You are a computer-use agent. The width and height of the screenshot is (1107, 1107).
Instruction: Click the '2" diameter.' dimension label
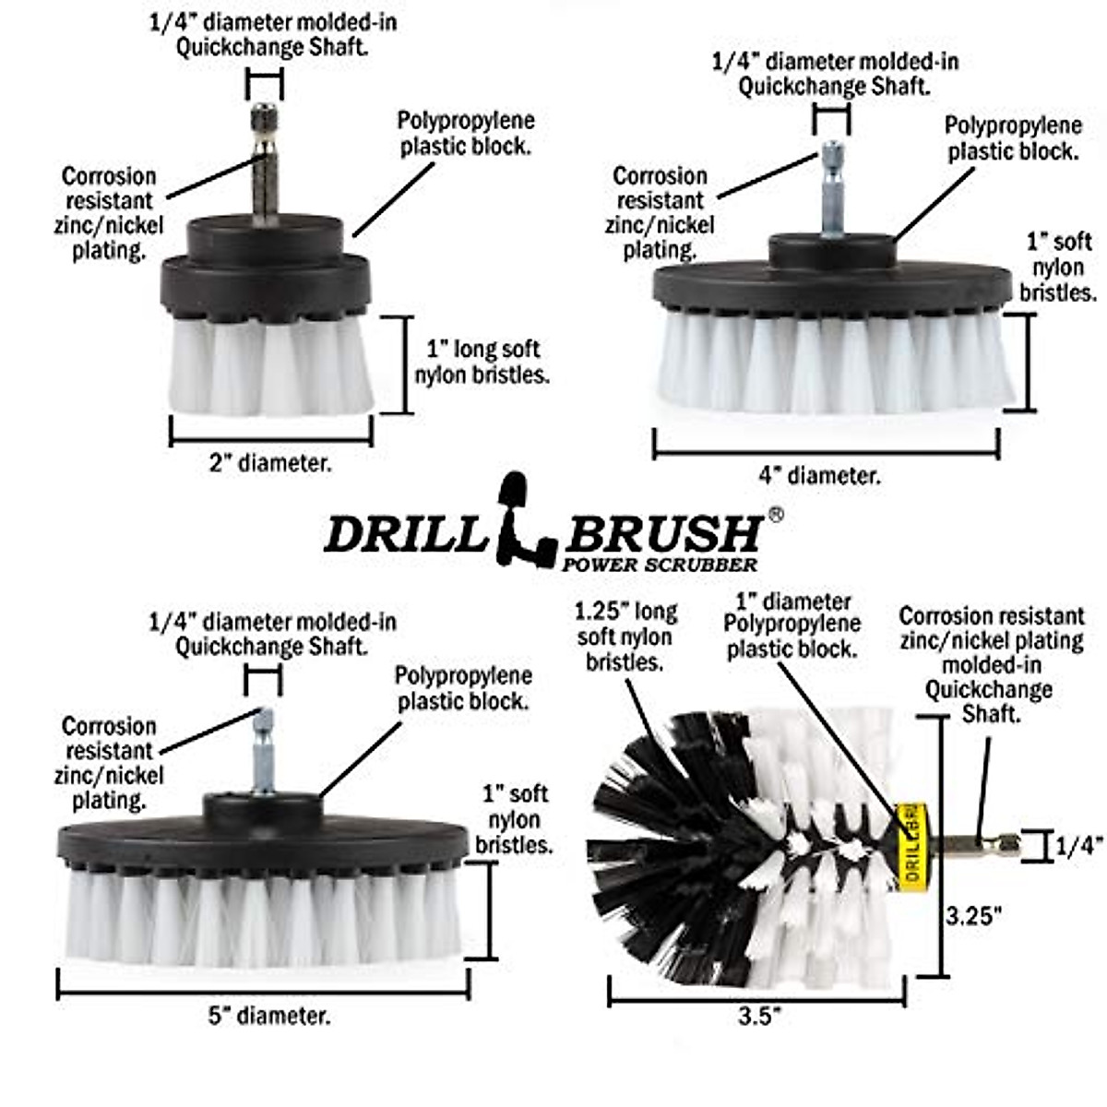269,463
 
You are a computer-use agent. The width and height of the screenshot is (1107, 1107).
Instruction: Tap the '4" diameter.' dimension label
819,476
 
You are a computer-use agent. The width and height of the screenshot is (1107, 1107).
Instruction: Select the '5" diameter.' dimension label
269,1017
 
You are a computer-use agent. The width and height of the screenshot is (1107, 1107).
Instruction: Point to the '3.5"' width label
760,1017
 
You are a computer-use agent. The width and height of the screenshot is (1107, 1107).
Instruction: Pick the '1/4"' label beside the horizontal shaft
1079,845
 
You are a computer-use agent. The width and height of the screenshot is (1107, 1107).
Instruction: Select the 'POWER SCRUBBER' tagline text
661,565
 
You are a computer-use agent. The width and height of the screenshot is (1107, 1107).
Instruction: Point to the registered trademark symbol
776,516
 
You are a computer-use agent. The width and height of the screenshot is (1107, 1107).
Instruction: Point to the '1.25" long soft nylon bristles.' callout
625,637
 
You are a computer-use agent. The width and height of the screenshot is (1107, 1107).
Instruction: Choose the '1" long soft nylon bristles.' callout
482,363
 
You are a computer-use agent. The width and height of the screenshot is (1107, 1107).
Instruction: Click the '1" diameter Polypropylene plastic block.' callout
792,625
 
